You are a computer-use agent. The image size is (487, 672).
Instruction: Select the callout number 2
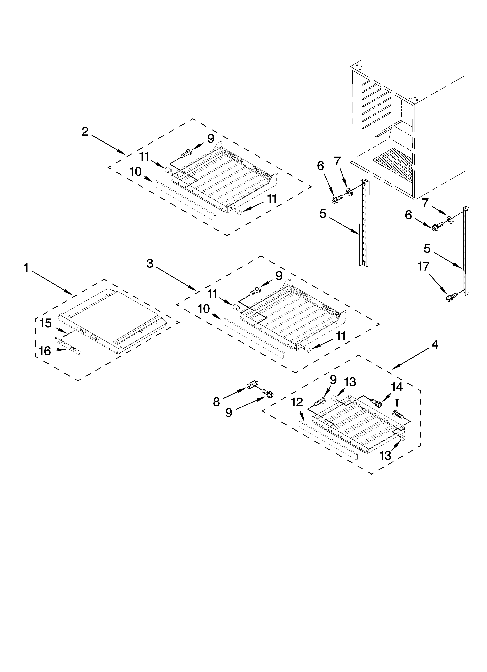85,132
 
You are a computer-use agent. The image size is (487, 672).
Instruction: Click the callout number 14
397,387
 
